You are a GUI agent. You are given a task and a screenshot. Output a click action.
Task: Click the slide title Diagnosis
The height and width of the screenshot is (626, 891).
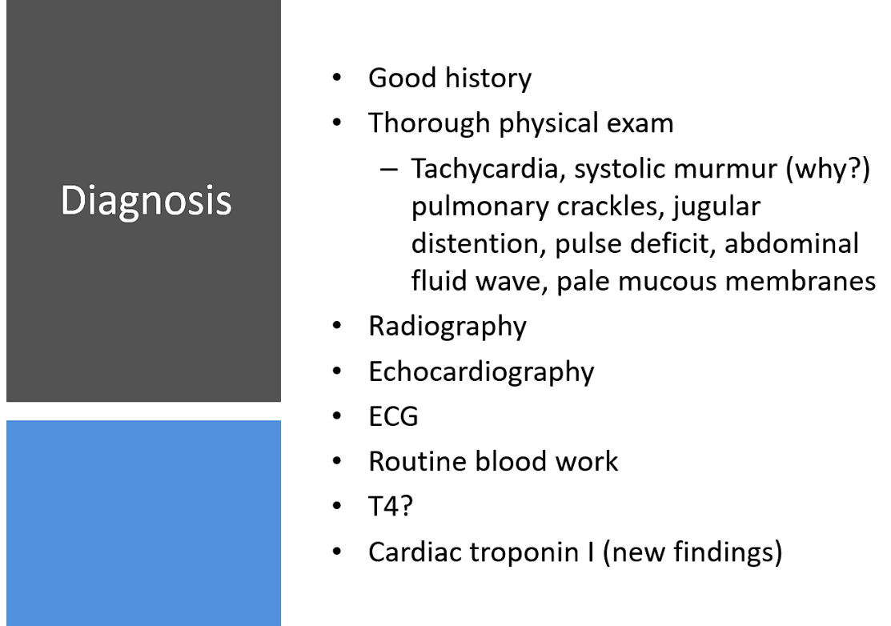coord(146,201)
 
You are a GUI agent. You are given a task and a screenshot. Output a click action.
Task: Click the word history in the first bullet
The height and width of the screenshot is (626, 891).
coord(488,78)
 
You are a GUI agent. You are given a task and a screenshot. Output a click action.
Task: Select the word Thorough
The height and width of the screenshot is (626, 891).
coord(429,124)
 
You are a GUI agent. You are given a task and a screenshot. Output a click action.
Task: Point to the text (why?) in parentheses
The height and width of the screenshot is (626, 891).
coord(828,169)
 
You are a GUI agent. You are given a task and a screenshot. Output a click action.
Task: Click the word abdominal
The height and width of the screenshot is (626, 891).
coord(792,244)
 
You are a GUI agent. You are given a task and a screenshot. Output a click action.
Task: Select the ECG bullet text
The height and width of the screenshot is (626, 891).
coord(393,416)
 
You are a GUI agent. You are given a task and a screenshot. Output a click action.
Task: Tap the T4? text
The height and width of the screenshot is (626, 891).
coord(391,506)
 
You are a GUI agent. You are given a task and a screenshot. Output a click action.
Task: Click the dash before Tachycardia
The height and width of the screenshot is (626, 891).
coord(389,169)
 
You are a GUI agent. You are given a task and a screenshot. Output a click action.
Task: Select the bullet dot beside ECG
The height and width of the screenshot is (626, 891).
coord(337,416)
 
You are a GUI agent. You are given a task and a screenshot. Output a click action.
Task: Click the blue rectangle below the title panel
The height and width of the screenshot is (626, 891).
coord(144,524)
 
